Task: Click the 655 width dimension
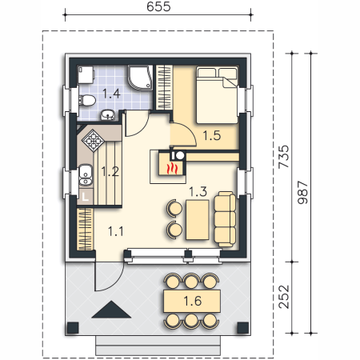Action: click(x=158, y=6)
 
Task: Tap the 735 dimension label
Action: click(x=283, y=157)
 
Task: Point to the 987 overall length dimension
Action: click(x=302, y=193)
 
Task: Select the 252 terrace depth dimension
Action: click(x=283, y=297)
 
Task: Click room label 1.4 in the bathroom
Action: click(x=111, y=94)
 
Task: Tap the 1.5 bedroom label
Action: click(x=212, y=135)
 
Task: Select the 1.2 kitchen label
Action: click(x=110, y=171)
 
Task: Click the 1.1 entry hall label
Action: click(x=116, y=231)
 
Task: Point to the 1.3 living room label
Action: click(x=198, y=191)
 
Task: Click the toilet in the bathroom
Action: click(x=87, y=101)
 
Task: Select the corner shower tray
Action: click(x=141, y=78)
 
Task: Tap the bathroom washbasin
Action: click(x=108, y=115)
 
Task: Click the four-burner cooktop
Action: click(x=93, y=140)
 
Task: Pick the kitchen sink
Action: click(x=86, y=175)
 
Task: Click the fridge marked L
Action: click(x=85, y=197)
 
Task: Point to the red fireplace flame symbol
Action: click(x=172, y=169)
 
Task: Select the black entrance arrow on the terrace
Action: click(x=111, y=310)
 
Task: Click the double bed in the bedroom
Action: click(x=217, y=95)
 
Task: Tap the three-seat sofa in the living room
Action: click(x=225, y=219)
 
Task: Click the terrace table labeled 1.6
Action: click(x=192, y=301)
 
